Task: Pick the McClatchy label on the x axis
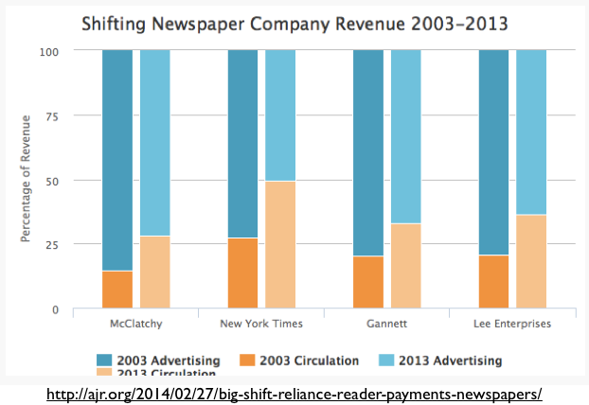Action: pos(136,324)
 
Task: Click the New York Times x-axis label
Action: pos(261,324)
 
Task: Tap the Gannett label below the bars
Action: pos(386,324)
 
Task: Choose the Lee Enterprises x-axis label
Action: pos(512,324)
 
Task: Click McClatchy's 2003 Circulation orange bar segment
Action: pos(117,290)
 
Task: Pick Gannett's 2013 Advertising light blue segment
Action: pos(405,136)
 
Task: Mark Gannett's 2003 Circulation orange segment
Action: pos(367,282)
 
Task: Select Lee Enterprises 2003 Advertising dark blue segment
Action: pos(493,152)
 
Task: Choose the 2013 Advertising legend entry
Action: pos(441,360)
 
